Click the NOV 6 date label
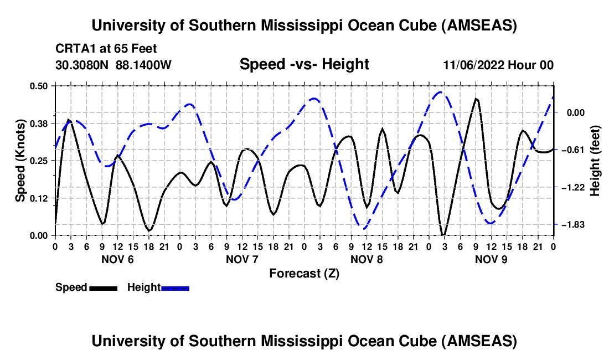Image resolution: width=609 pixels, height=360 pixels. click(x=117, y=259)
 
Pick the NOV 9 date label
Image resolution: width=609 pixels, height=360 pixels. click(x=491, y=259)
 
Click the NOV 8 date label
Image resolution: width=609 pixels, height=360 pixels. click(x=367, y=259)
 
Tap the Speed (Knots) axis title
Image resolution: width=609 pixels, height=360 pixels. click(x=20, y=160)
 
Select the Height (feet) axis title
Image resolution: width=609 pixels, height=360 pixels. click(x=596, y=160)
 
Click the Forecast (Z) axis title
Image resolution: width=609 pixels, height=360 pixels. click(x=304, y=273)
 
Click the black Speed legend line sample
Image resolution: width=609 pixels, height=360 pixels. click(x=103, y=287)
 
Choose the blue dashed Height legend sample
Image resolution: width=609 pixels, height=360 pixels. click(x=176, y=287)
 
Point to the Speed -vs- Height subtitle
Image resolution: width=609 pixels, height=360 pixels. click(x=304, y=64)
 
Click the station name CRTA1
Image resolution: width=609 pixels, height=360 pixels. click(x=74, y=49)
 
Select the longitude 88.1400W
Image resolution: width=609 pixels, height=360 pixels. click(x=144, y=65)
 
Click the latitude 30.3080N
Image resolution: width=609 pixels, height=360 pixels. click(x=84, y=65)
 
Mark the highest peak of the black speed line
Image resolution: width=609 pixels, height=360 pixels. click(x=476, y=99)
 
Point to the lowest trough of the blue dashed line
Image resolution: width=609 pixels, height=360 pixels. click(x=363, y=228)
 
